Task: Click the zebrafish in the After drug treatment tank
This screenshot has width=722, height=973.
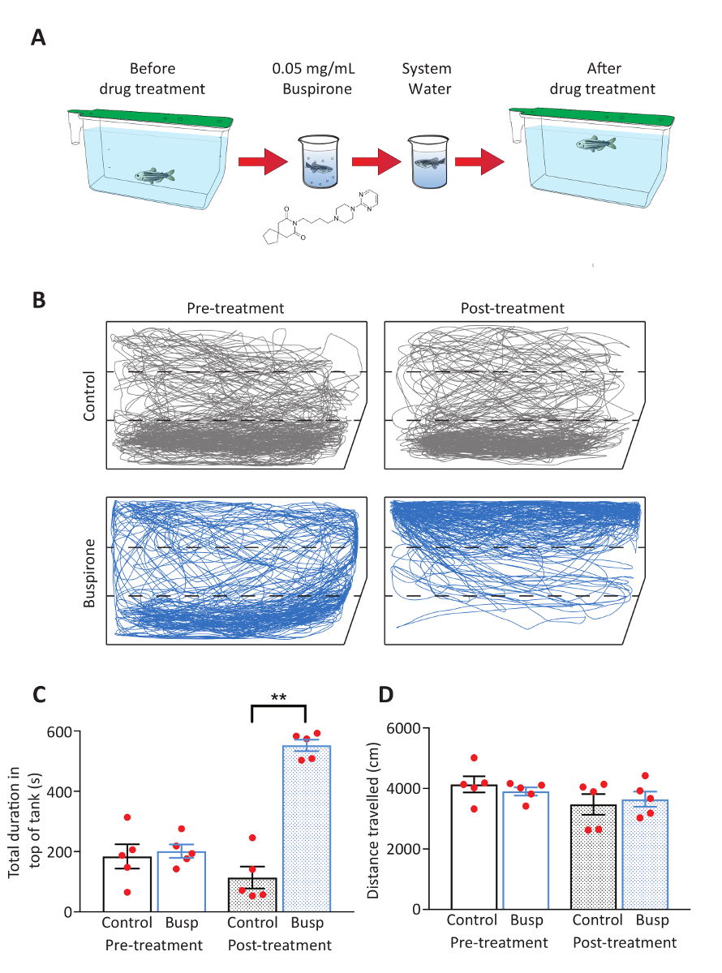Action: pyautogui.click(x=596, y=144)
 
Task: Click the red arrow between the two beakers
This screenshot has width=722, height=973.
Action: pyautogui.click(x=375, y=162)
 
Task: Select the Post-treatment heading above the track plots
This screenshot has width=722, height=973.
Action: pyautogui.click(x=512, y=309)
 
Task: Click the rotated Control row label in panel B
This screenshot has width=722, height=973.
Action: pyautogui.click(x=91, y=396)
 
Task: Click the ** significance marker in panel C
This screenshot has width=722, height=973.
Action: pyautogui.click(x=278, y=697)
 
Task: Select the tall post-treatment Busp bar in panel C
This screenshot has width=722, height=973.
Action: pyautogui.click(x=306, y=827)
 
